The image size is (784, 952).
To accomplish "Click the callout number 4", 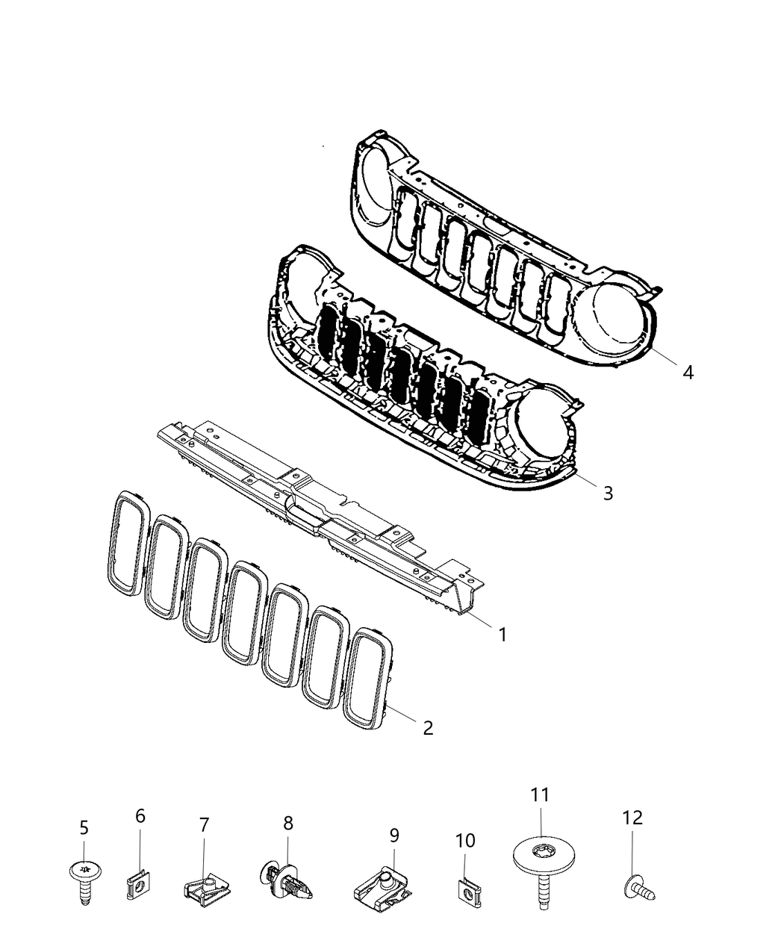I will click(x=688, y=372).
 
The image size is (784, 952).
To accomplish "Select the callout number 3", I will click(x=608, y=493).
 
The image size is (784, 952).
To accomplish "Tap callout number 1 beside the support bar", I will click(x=503, y=635).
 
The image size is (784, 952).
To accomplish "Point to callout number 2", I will click(x=428, y=727).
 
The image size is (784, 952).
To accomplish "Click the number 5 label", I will click(x=84, y=827).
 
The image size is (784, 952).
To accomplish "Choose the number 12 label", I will click(x=632, y=818).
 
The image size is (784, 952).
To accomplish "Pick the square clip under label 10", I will click(x=465, y=891).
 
